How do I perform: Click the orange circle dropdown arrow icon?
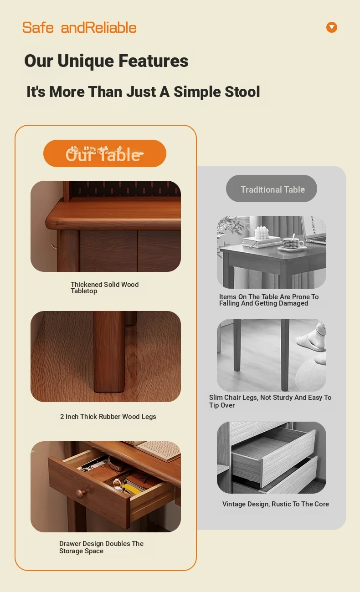(331, 27)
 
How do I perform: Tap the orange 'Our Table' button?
(105, 153)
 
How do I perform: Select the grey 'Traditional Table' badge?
(272, 189)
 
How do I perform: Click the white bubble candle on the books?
(262, 233)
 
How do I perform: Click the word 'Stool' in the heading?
(242, 92)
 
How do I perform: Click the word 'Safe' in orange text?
(38, 28)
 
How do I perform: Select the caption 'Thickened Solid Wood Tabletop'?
(104, 287)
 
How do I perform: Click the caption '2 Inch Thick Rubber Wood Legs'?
(108, 417)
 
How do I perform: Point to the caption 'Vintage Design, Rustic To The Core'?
(275, 504)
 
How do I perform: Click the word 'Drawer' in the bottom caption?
(70, 544)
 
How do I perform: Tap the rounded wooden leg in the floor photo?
(109, 352)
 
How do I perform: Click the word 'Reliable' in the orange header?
(111, 28)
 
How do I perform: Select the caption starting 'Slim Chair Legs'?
(270, 401)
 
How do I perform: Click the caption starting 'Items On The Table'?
(269, 300)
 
